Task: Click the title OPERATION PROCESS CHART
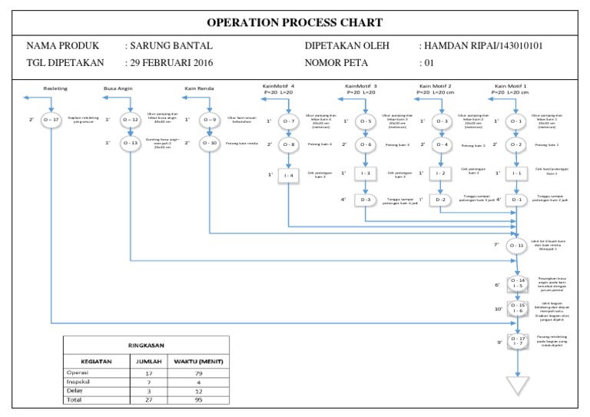[294, 22]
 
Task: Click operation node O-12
[130, 121]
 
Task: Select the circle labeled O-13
[130, 143]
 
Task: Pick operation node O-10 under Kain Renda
[209, 143]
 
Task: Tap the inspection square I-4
[288, 176]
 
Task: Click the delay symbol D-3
[366, 200]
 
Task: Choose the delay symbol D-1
[516, 200]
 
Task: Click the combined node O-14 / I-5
[516, 284]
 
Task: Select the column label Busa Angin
[118, 88]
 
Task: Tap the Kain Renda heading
[199, 88]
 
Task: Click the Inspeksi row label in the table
[80, 381]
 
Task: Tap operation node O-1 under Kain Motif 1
[516, 121]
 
